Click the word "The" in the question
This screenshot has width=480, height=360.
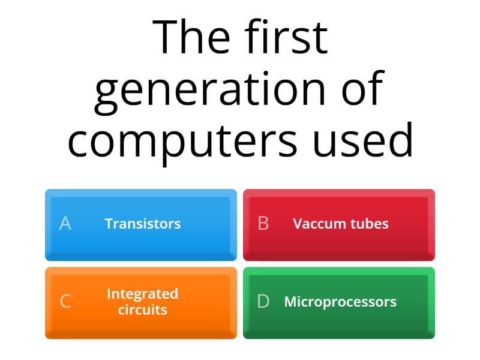point(191,37)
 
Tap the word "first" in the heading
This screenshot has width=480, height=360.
point(286,36)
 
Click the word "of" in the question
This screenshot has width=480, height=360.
point(363,88)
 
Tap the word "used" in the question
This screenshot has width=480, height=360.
point(363,140)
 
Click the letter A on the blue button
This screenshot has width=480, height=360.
point(65,223)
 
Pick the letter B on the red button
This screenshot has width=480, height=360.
point(263,223)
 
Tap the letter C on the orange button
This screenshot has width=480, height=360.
point(66,301)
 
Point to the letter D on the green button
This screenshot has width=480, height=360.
point(263,301)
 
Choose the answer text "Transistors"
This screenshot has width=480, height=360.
point(143,223)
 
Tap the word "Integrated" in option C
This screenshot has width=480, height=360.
point(143,294)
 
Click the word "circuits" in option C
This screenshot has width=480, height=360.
point(143,310)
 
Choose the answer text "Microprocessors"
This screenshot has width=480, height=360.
point(340,302)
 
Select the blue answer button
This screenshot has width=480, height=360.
point(141,225)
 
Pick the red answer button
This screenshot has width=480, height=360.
point(339,225)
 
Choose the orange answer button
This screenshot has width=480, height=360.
point(141,303)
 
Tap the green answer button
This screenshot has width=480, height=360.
point(339,303)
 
